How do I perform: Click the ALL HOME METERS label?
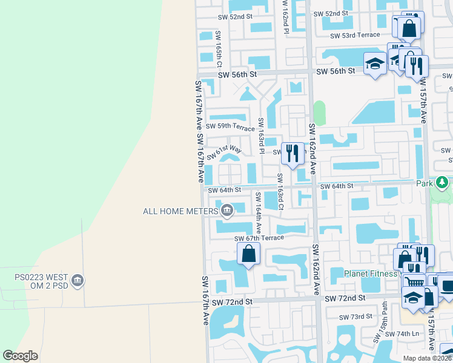tap(180, 211)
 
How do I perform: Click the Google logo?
tap(21, 356)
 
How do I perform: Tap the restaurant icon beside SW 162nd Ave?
tap(293, 153)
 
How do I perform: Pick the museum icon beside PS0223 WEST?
tap(78, 281)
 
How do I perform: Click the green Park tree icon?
tap(443, 182)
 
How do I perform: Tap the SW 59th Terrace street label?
tap(230, 126)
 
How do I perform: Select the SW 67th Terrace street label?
tap(259, 238)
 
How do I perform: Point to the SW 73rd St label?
tap(355, 317)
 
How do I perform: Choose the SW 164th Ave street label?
tap(259, 212)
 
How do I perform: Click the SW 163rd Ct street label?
tap(280, 192)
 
